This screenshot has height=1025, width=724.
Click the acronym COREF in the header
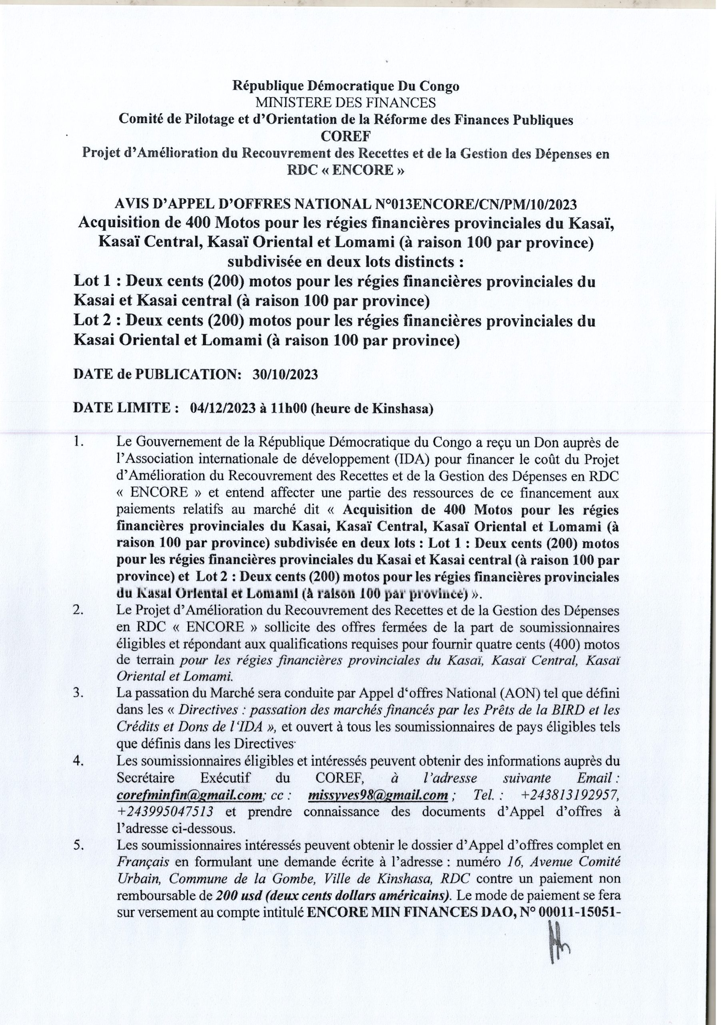point(346,137)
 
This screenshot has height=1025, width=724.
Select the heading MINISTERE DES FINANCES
point(346,103)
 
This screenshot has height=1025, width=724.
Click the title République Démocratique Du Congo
point(346,86)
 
